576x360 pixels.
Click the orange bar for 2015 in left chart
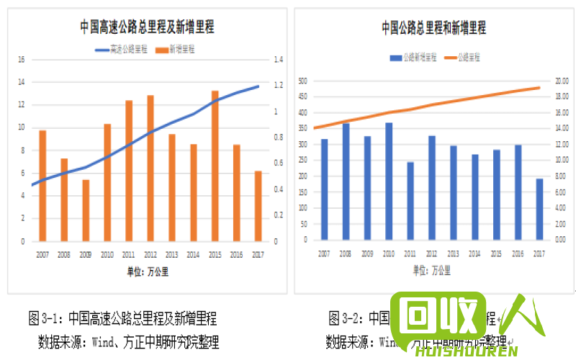pyautogui.click(x=215, y=166)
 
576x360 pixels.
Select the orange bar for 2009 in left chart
pyautogui.click(x=86, y=210)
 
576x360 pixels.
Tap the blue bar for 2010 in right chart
pyautogui.click(x=389, y=181)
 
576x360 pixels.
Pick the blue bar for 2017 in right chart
pyautogui.click(x=539, y=209)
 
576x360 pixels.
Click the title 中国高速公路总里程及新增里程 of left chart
pyautogui.click(x=147, y=27)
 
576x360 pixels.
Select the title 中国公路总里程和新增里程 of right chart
pyautogui.click(x=433, y=28)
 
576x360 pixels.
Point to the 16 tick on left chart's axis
pyautogui.click(x=22, y=59)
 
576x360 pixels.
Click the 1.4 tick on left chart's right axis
pyautogui.click(x=277, y=59)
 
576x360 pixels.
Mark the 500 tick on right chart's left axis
pyautogui.click(x=303, y=81)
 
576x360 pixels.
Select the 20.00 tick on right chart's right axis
pyautogui.click(x=561, y=81)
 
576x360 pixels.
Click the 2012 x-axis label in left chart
pyautogui.click(x=150, y=254)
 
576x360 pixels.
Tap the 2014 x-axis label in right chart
pyautogui.click(x=474, y=253)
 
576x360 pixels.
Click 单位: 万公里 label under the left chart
pyautogui.click(x=147, y=271)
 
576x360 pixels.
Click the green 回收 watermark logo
pyautogui.click(x=439, y=317)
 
